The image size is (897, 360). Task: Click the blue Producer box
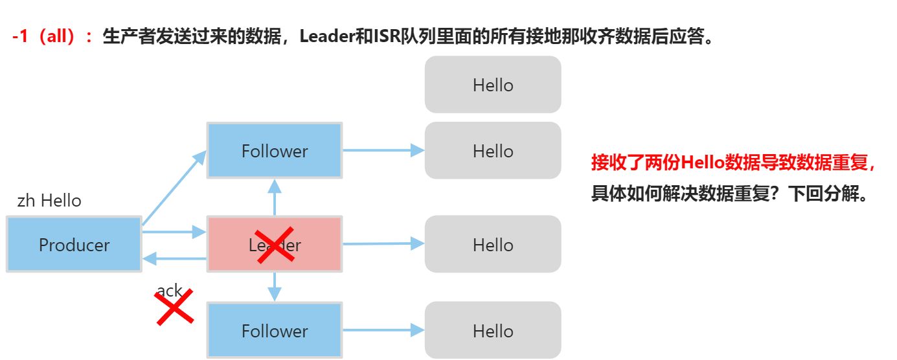pos(74,244)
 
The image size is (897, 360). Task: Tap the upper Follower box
pos(275,150)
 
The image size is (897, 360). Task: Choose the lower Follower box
pos(275,330)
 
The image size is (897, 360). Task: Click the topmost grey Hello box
pos(493,85)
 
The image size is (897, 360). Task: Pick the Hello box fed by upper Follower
pos(493,151)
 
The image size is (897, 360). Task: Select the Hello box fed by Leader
pos(493,244)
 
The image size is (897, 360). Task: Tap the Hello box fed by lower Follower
pos(493,330)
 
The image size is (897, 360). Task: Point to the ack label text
pos(169,291)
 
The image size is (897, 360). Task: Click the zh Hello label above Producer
pos(49,201)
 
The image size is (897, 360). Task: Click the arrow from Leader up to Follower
pos(275,197)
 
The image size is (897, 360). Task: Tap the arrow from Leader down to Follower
pos(275,286)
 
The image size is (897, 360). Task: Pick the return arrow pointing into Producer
pos(174,259)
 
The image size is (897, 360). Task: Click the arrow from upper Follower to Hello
pos(383,150)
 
